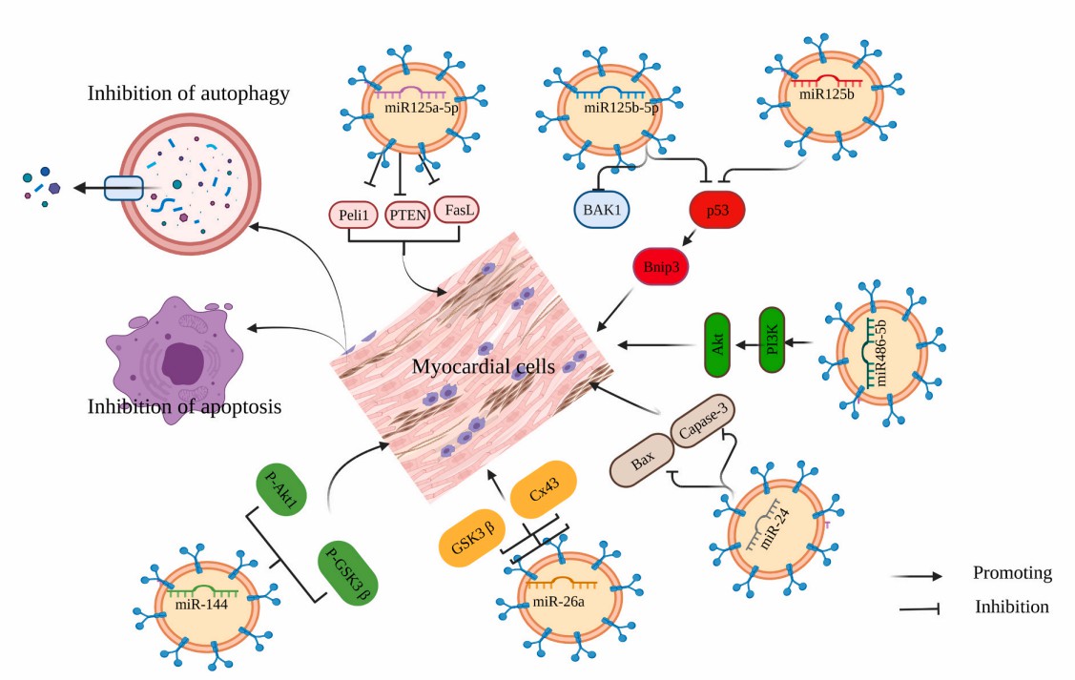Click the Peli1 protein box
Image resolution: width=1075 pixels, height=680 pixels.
(355, 215)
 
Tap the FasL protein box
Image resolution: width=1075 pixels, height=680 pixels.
(458, 209)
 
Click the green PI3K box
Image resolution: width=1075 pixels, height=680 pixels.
(774, 340)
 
